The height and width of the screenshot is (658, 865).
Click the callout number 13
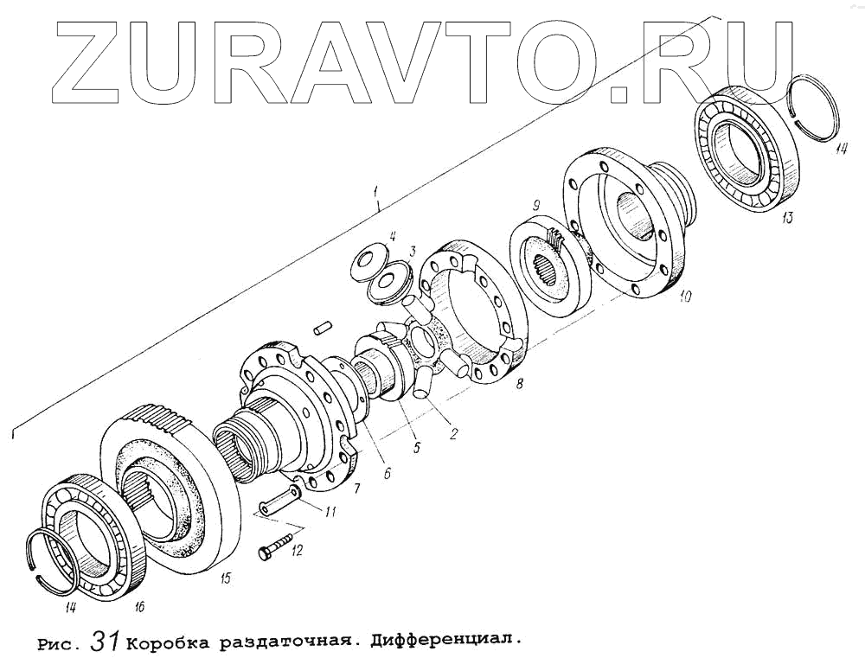tap(785, 218)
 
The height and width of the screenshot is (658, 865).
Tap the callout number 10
tap(684, 297)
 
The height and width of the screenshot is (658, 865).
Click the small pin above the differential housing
tap(324, 328)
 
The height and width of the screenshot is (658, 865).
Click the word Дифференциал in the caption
tap(446, 642)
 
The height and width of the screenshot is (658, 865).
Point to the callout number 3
tap(413, 252)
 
